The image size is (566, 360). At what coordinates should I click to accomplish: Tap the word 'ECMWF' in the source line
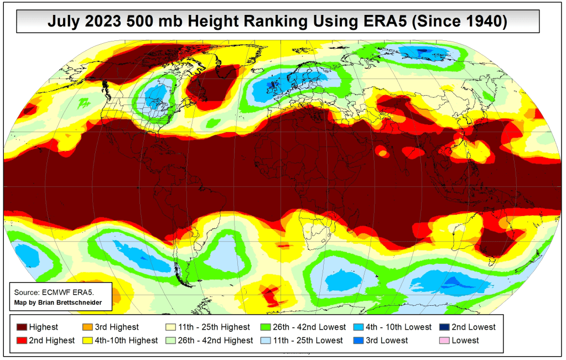pos(53,292)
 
